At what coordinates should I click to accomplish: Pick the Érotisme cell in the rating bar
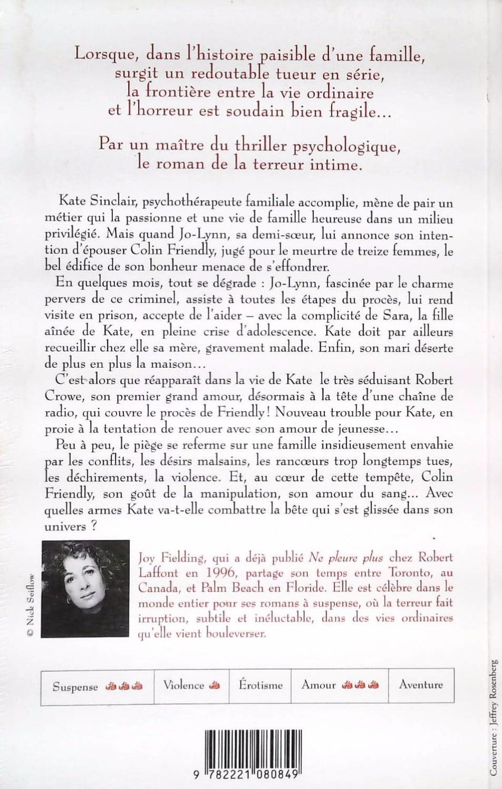pos(260,686)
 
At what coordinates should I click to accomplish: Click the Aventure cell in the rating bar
pos(421,685)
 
